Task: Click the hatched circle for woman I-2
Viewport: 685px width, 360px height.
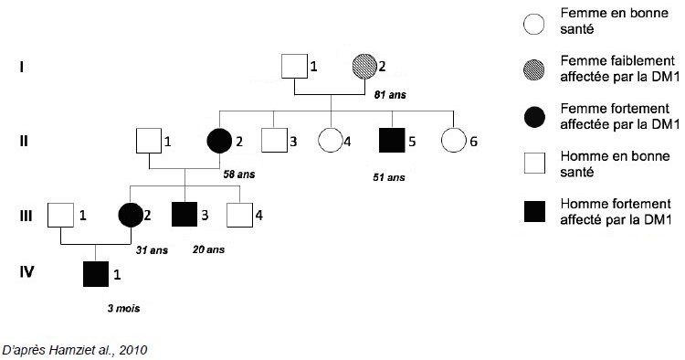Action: click(x=364, y=67)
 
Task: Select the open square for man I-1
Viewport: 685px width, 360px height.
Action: click(x=294, y=67)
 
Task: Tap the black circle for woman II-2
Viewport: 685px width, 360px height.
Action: click(x=220, y=141)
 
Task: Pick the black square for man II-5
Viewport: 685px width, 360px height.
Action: click(x=391, y=141)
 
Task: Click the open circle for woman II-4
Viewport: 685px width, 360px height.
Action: click(x=329, y=141)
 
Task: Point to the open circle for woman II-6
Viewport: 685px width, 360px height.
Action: click(x=452, y=141)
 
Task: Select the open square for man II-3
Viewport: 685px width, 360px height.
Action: click(x=273, y=141)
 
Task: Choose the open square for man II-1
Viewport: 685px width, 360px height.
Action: click(x=149, y=141)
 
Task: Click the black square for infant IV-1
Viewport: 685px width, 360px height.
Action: click(x=96, y=272)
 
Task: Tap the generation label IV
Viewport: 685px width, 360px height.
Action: click(x=27, y=271)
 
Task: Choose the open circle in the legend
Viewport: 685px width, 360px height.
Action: click(x=532, y=22)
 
